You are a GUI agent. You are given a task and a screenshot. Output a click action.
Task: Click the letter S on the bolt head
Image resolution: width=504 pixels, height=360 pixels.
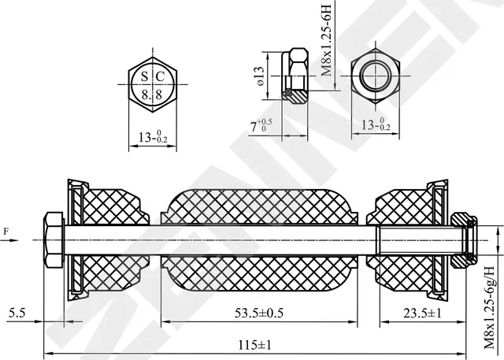[x=144, y=76]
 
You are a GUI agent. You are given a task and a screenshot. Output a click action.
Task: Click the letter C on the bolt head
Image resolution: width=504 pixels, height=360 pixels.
[x=161, y=76]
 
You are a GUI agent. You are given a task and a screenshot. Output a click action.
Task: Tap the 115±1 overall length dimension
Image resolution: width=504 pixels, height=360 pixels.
[x=256, y=345]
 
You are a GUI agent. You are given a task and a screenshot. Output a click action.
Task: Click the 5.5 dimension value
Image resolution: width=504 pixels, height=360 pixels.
[x=17, y=313]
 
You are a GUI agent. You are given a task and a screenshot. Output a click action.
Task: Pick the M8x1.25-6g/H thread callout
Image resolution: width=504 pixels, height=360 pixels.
[x=490, y=306]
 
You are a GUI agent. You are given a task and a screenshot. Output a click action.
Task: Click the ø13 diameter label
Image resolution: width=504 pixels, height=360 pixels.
[x=258, y=76]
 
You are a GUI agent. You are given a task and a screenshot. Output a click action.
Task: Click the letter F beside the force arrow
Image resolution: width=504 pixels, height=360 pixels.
[x=6, y=231]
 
